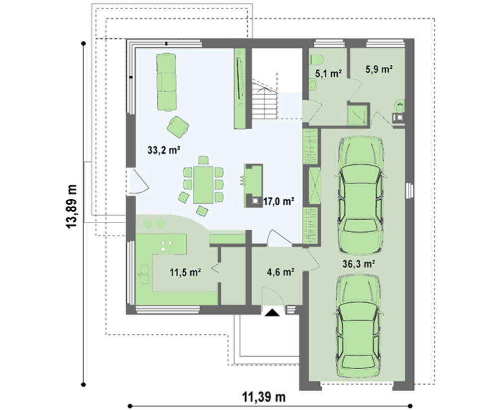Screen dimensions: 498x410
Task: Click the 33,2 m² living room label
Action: click(164, 149)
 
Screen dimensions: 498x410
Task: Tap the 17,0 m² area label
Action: click(278, 201)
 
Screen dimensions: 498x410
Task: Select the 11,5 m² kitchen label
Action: click(185, 272)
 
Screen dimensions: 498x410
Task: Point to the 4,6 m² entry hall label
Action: click(280, 272)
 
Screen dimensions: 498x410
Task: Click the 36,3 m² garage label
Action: click(359, 264)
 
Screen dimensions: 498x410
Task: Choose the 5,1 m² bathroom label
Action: click(328, 74)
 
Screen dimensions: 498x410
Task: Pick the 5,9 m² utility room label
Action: click(379, 69)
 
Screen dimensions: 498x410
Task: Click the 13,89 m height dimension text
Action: click(71, 206)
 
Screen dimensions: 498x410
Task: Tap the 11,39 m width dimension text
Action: click(264, 397)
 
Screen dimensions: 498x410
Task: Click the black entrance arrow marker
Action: click(272, 313)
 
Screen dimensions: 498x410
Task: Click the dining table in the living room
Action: click(204, 185)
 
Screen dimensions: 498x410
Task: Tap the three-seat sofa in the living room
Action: click(166, 82)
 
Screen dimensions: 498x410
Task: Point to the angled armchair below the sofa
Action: click(178, 127)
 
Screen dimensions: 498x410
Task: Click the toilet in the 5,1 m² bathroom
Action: click(317, 59)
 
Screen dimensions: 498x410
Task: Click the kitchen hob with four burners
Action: click(166, 246)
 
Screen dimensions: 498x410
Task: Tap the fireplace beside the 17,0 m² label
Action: click(253, 186)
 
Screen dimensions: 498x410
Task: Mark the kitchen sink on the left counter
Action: click(144, 274)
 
